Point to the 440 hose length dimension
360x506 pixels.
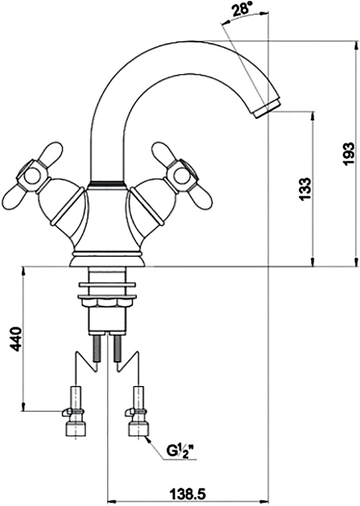coord(16,338)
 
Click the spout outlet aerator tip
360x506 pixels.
coord(267,108)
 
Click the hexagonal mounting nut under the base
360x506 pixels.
coord(107,302)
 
